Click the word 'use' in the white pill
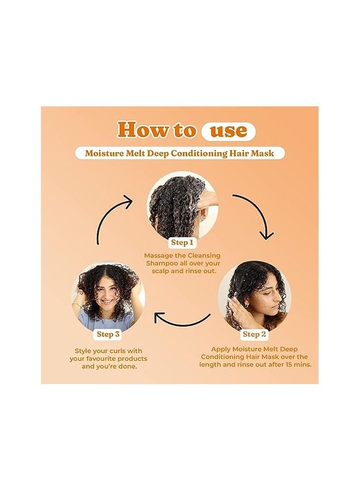click(x=228, y=130)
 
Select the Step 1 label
click(x=182, y=243)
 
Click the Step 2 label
click(x=254, y=334)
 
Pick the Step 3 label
click(x=108, y=334)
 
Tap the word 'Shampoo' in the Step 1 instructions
click(x=160, y=264)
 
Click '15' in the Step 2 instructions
click(x=290, y=364)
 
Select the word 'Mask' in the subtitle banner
click(x=264, y=153)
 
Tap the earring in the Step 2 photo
click(x=246, y=304)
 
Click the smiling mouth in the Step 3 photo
click(x=107, y=302)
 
